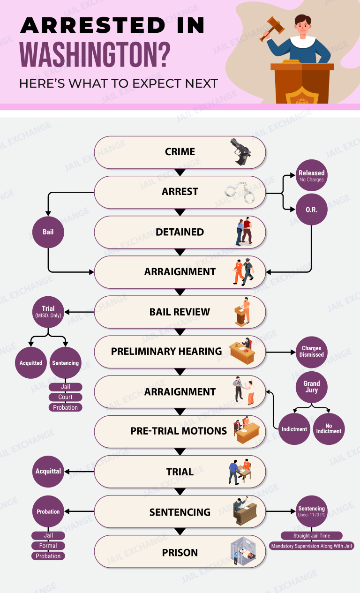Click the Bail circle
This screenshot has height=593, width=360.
point(48,232)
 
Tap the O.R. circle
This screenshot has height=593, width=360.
point(312,210)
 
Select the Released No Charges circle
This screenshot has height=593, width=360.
point(312,176)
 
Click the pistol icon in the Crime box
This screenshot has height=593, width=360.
point(241,151)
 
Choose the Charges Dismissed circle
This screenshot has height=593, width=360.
point(312,352)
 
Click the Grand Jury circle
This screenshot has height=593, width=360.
point(312,387)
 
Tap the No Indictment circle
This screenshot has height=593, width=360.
point(329,428)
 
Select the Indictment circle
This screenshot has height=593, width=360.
point(294,428)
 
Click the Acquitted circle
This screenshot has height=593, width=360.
point(31,363)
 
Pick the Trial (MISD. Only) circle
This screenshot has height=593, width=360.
point(48,312)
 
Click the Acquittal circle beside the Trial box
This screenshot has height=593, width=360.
point(48,471)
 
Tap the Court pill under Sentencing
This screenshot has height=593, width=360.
point(66,397)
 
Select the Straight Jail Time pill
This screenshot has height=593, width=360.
point(312,535)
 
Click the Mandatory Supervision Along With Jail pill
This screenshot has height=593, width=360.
point(312,546)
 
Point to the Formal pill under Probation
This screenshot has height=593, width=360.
point(48,546)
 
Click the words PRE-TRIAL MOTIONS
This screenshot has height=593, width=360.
point(179,431)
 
